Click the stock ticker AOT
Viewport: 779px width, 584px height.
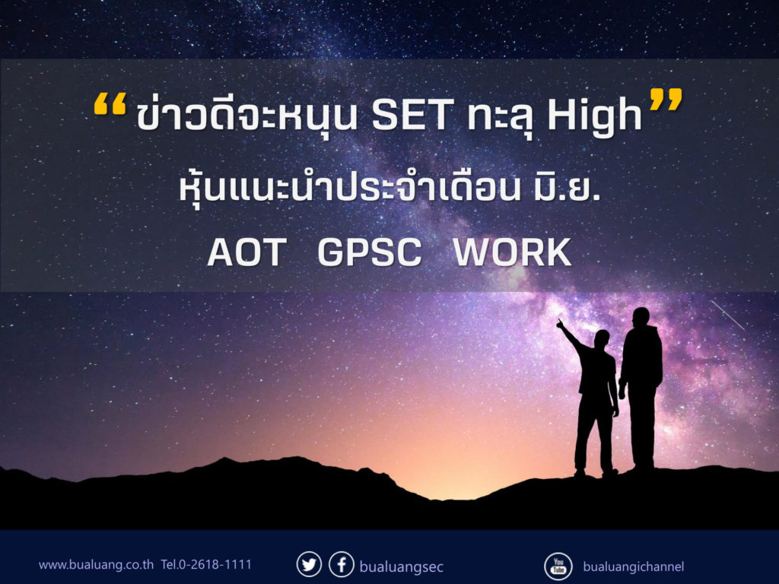tap(247, 252)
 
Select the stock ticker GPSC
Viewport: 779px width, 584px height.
tap(369, 252)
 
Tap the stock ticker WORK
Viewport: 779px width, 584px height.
tap(512, 252)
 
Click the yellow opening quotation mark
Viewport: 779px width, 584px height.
tap(110, 105)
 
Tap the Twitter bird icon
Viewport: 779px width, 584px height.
tap(309, 565)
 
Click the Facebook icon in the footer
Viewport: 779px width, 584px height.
tap(342, 565)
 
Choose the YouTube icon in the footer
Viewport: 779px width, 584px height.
tap(558, 566)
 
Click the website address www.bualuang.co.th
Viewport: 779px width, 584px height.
tap(96, 565)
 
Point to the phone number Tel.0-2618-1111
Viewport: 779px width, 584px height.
tap(206, 565)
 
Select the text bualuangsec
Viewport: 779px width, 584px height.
tap(401, 567)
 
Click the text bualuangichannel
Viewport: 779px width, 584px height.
tap(634, 566)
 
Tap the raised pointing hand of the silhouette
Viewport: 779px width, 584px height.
tap(560, 324)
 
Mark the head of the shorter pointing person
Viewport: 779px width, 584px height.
tap(602, 339)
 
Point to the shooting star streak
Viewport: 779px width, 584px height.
tap(727, 315)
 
